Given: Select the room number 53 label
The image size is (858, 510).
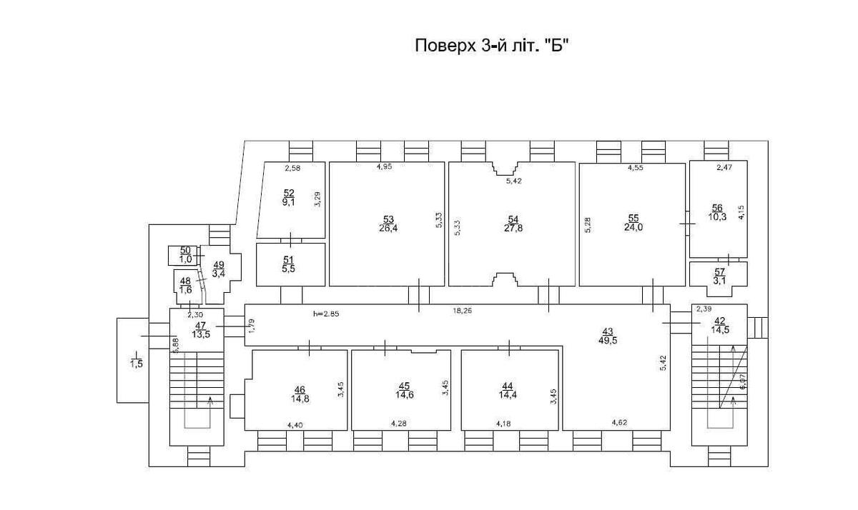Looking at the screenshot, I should pos(388,219).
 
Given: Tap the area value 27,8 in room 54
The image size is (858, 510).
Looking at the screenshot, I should pos(513,228).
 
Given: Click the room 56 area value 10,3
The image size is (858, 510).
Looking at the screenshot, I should pos(716,217).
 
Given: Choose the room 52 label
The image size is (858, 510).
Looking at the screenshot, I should pos(289,193).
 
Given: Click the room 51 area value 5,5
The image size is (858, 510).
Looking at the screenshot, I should pos(289,269).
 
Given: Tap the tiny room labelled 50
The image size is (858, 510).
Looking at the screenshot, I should pos(185,250).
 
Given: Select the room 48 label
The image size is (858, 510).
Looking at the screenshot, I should pos(185,281).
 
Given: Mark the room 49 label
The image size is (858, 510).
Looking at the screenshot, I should pos(218,264).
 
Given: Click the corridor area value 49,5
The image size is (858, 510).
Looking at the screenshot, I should pos(608,340).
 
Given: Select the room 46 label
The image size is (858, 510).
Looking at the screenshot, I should pos(299,389).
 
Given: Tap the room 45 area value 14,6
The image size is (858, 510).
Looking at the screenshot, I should pos(405,394).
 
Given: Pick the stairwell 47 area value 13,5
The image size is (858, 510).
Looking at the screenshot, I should pos(199,332).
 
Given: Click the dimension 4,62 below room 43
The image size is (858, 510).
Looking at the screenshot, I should pos(621,423).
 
